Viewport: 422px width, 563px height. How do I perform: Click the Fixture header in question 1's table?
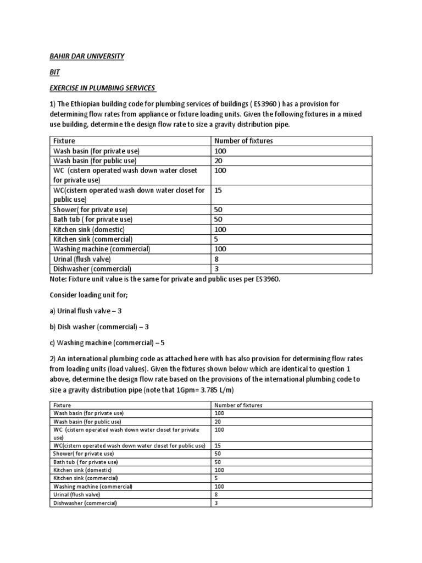tap(64, 141)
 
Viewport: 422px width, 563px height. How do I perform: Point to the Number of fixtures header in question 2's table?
tap(238, 405)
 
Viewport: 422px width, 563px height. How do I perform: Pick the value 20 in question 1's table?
tap(219, 161)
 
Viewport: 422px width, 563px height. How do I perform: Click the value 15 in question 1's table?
tap(219, 190)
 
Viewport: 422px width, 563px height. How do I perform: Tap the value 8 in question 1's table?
tap(217, 259)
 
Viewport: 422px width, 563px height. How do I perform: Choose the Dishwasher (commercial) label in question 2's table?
tap(85, 503)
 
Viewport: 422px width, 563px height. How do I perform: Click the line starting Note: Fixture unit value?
tap(165, 280)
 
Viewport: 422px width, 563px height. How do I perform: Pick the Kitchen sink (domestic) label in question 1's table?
tap(89, 229)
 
